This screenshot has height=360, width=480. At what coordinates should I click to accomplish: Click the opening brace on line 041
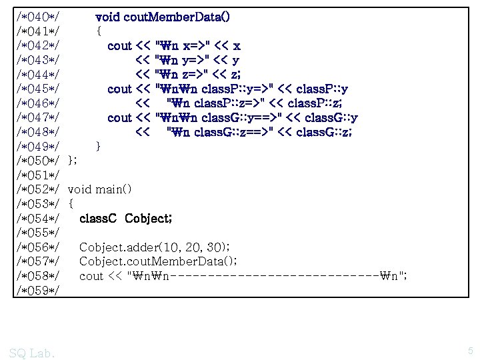click(x=99, y=31)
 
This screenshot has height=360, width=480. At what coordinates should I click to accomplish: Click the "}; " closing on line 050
click(x=73, y=161)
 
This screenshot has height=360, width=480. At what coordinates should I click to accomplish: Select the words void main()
click(x=100, y=189)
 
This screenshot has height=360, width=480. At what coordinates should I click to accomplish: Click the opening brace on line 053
click(x=71, y=204)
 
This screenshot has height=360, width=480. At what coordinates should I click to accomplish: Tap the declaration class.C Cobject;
click(x=126, y=219)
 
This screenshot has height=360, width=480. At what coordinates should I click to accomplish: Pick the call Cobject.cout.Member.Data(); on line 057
click(x=158, y=262)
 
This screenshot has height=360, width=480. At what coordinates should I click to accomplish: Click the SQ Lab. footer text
click(x=33, y=353)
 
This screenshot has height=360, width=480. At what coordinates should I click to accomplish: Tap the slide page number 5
click(x=470, y=351)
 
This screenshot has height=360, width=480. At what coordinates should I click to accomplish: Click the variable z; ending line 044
click(x=234, y=75)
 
